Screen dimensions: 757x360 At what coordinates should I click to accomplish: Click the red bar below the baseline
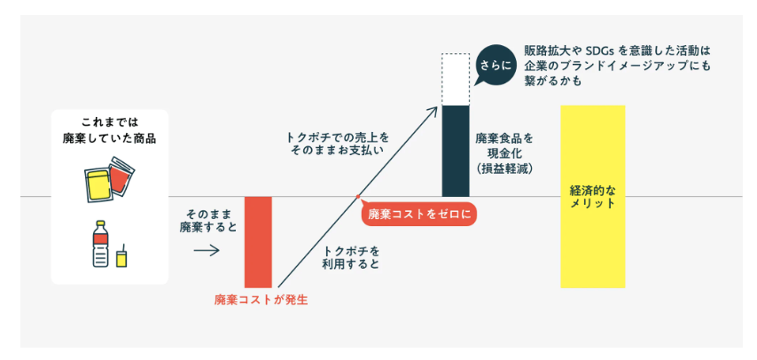point(258,242)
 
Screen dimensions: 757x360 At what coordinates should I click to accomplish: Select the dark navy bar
point(456,151)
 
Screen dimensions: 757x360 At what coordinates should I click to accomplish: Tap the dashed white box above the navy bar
point(456,79)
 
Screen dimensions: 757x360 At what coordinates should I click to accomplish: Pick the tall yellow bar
point(592,196)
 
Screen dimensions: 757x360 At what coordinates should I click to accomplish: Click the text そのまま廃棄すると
point(209,221)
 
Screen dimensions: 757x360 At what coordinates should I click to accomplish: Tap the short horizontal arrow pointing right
point(206,251)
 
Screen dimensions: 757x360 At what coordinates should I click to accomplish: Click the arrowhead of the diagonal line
point(436,110)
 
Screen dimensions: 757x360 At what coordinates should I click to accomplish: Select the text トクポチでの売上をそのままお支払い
point(338,145)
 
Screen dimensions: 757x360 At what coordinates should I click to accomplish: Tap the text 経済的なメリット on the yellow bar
point(592,196)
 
